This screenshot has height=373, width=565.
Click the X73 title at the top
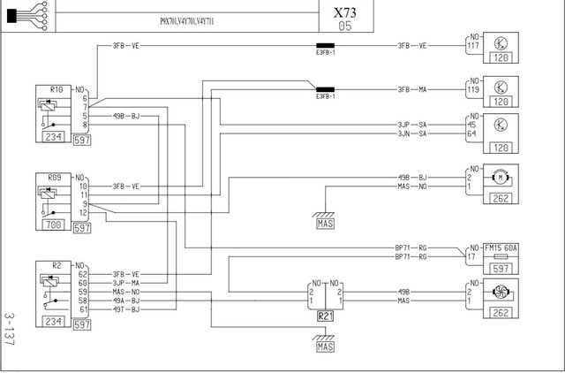(x=345, y=14)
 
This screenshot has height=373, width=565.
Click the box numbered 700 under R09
(x=54, y=226)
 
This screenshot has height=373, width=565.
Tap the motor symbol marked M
(x=501, y=177)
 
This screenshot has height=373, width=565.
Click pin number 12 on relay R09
(x=84, y=213)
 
